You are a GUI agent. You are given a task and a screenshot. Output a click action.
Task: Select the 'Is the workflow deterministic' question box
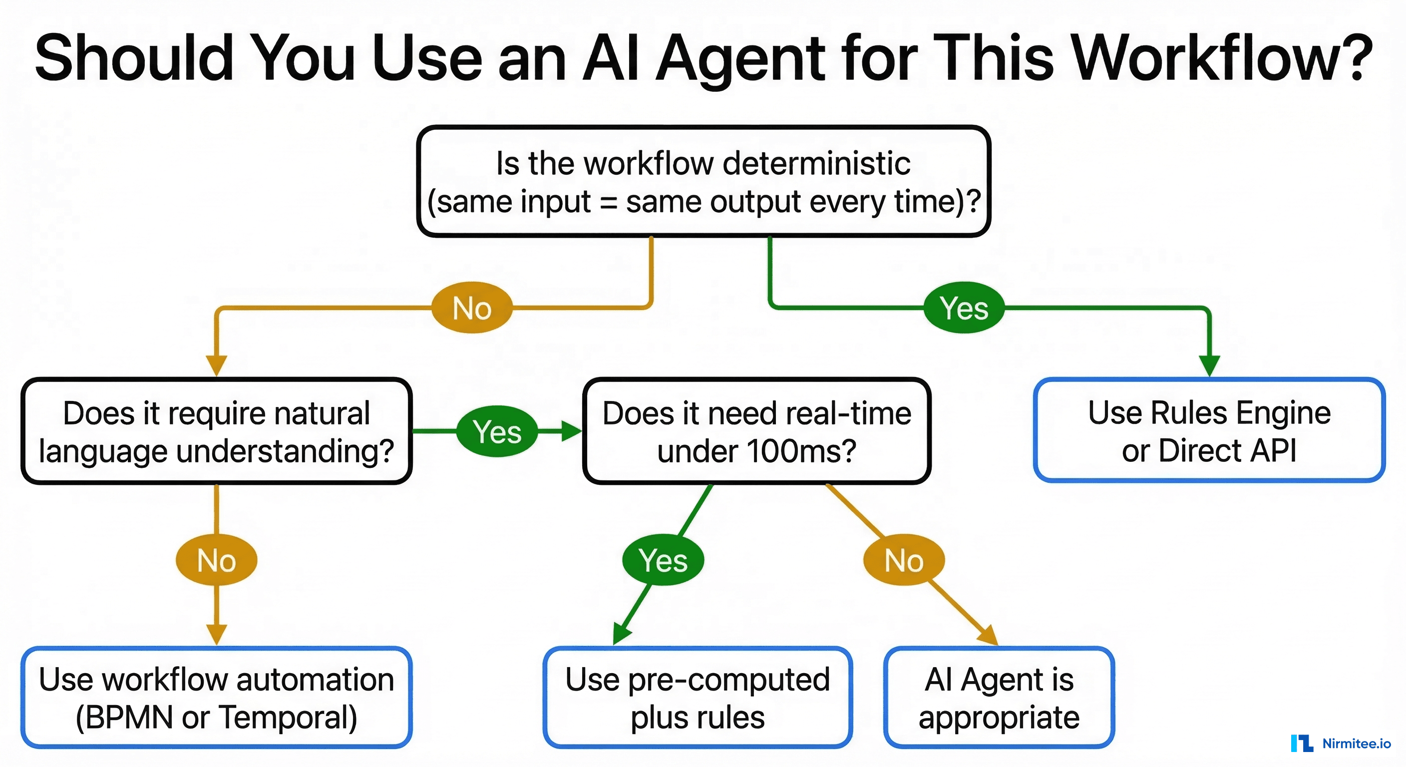703,182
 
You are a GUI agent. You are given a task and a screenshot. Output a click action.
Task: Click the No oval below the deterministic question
472,308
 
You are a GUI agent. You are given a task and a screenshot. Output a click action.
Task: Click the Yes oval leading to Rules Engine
964,308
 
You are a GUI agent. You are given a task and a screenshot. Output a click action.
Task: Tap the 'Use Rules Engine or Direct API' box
1209,431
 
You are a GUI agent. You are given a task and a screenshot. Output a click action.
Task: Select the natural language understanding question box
216,431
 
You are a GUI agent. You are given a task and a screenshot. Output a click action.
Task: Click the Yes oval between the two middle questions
497,431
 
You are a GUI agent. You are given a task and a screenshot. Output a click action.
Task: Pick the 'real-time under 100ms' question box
756,431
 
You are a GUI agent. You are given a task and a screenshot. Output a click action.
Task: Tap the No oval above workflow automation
216,560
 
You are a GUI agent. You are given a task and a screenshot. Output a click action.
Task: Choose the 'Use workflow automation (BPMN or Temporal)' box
216,698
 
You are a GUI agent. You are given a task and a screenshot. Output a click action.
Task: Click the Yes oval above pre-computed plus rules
663,560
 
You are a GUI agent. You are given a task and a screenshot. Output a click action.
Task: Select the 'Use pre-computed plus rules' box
698,698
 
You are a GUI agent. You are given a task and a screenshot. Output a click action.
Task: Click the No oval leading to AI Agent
904,560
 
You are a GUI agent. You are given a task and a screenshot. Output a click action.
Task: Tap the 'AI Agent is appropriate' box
999,698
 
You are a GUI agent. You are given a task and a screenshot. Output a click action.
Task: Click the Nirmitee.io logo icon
1302,743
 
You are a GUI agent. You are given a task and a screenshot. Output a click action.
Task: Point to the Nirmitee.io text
1357,743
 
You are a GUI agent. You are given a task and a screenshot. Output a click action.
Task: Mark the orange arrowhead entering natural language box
216,365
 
